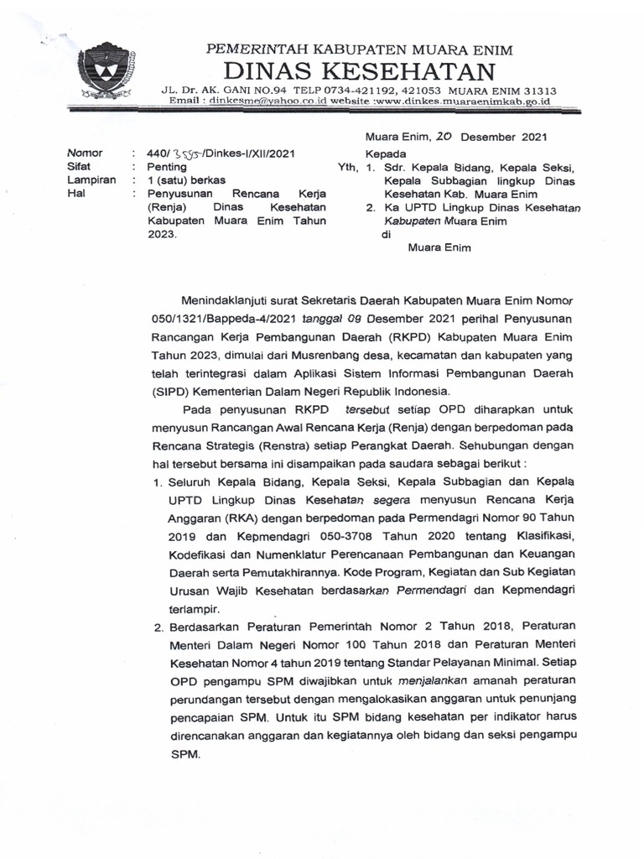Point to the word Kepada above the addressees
[385, 154]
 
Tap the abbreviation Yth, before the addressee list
[347, 167]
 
